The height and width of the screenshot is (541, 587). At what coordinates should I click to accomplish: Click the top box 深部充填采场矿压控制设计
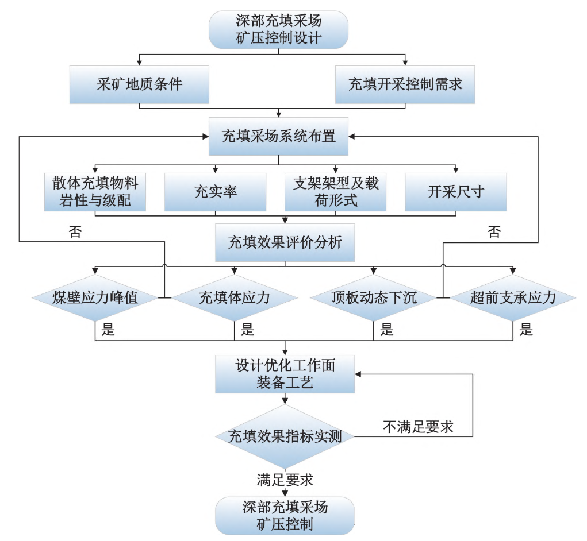[x=279, y=30]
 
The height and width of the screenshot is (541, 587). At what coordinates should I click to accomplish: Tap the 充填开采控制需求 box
[x=405, y=84]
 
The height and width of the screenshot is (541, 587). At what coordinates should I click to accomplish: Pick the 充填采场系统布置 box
[x=279, y=137]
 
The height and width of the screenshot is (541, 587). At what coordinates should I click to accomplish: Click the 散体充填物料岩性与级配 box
[x=95, y=191]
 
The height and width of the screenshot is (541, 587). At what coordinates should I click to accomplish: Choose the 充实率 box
[x=216, y=191]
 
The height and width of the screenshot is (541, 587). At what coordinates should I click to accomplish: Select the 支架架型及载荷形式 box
[x=336, y=191]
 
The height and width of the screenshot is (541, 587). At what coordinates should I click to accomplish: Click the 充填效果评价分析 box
[x=285, y=242]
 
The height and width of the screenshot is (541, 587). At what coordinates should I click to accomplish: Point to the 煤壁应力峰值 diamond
[x=95, y=297]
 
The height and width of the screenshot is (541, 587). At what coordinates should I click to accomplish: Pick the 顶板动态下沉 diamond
[x=374, y=297]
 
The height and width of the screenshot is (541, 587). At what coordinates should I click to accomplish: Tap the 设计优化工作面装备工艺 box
[x=285, y=374]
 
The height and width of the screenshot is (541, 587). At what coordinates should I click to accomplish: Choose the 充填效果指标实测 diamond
[x=285, y=436]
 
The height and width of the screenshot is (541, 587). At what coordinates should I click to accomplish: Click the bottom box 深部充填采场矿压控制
[x=285, y=515]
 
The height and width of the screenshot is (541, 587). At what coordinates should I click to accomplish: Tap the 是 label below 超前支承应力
[x=525, y=330]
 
